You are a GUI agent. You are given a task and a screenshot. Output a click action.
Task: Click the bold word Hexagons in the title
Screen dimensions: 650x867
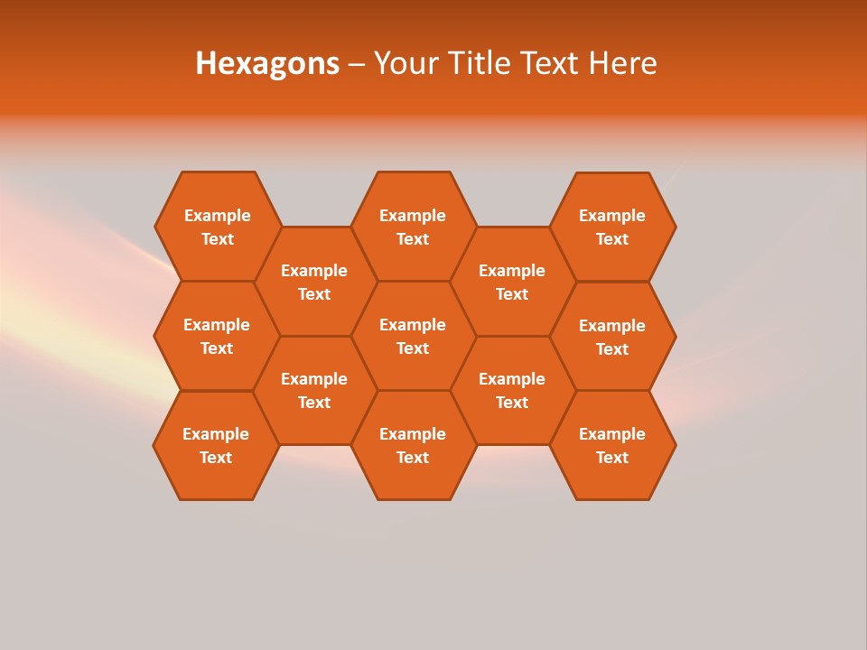click(x=267, y=63)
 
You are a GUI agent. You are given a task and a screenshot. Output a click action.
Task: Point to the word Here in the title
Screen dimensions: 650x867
click(x=623, y=63)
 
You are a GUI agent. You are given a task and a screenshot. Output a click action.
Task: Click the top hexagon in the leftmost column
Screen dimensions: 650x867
click(x=218, y=227)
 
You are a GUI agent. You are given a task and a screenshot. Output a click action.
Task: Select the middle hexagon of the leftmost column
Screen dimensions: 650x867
click(x=217, y=336)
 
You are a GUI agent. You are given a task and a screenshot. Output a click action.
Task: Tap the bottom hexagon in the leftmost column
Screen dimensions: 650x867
click(x=216, y=445)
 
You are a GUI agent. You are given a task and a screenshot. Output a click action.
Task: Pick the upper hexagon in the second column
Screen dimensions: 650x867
click(x=314, y=282)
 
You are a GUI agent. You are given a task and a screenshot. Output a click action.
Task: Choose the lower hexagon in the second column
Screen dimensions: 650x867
click(x=314, y=390)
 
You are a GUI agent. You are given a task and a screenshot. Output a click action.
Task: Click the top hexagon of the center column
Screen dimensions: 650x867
click(x=413, y=227)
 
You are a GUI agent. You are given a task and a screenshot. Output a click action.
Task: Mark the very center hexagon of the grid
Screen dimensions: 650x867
click(x=413, y=336)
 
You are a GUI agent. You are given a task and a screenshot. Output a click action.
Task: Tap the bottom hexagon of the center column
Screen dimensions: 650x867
click(x=413, y=445)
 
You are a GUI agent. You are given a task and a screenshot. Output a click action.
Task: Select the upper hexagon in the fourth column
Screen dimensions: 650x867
click(x=512, y=282)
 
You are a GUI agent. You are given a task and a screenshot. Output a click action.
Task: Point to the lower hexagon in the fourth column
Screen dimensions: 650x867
click(x=512, y=390)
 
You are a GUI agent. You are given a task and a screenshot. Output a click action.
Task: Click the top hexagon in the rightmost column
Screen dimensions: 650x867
click(x=612, y=227)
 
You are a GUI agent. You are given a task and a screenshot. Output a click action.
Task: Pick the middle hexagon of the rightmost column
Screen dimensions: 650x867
click(x=612, y=337)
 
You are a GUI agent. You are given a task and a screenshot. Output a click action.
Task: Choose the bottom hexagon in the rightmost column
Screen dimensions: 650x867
click(x=612, y=445)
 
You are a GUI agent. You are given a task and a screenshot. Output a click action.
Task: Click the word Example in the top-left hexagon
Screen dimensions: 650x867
click(x=218, y=216)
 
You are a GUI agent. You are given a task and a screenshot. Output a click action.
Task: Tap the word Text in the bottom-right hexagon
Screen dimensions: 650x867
click(x=612, y=458)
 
